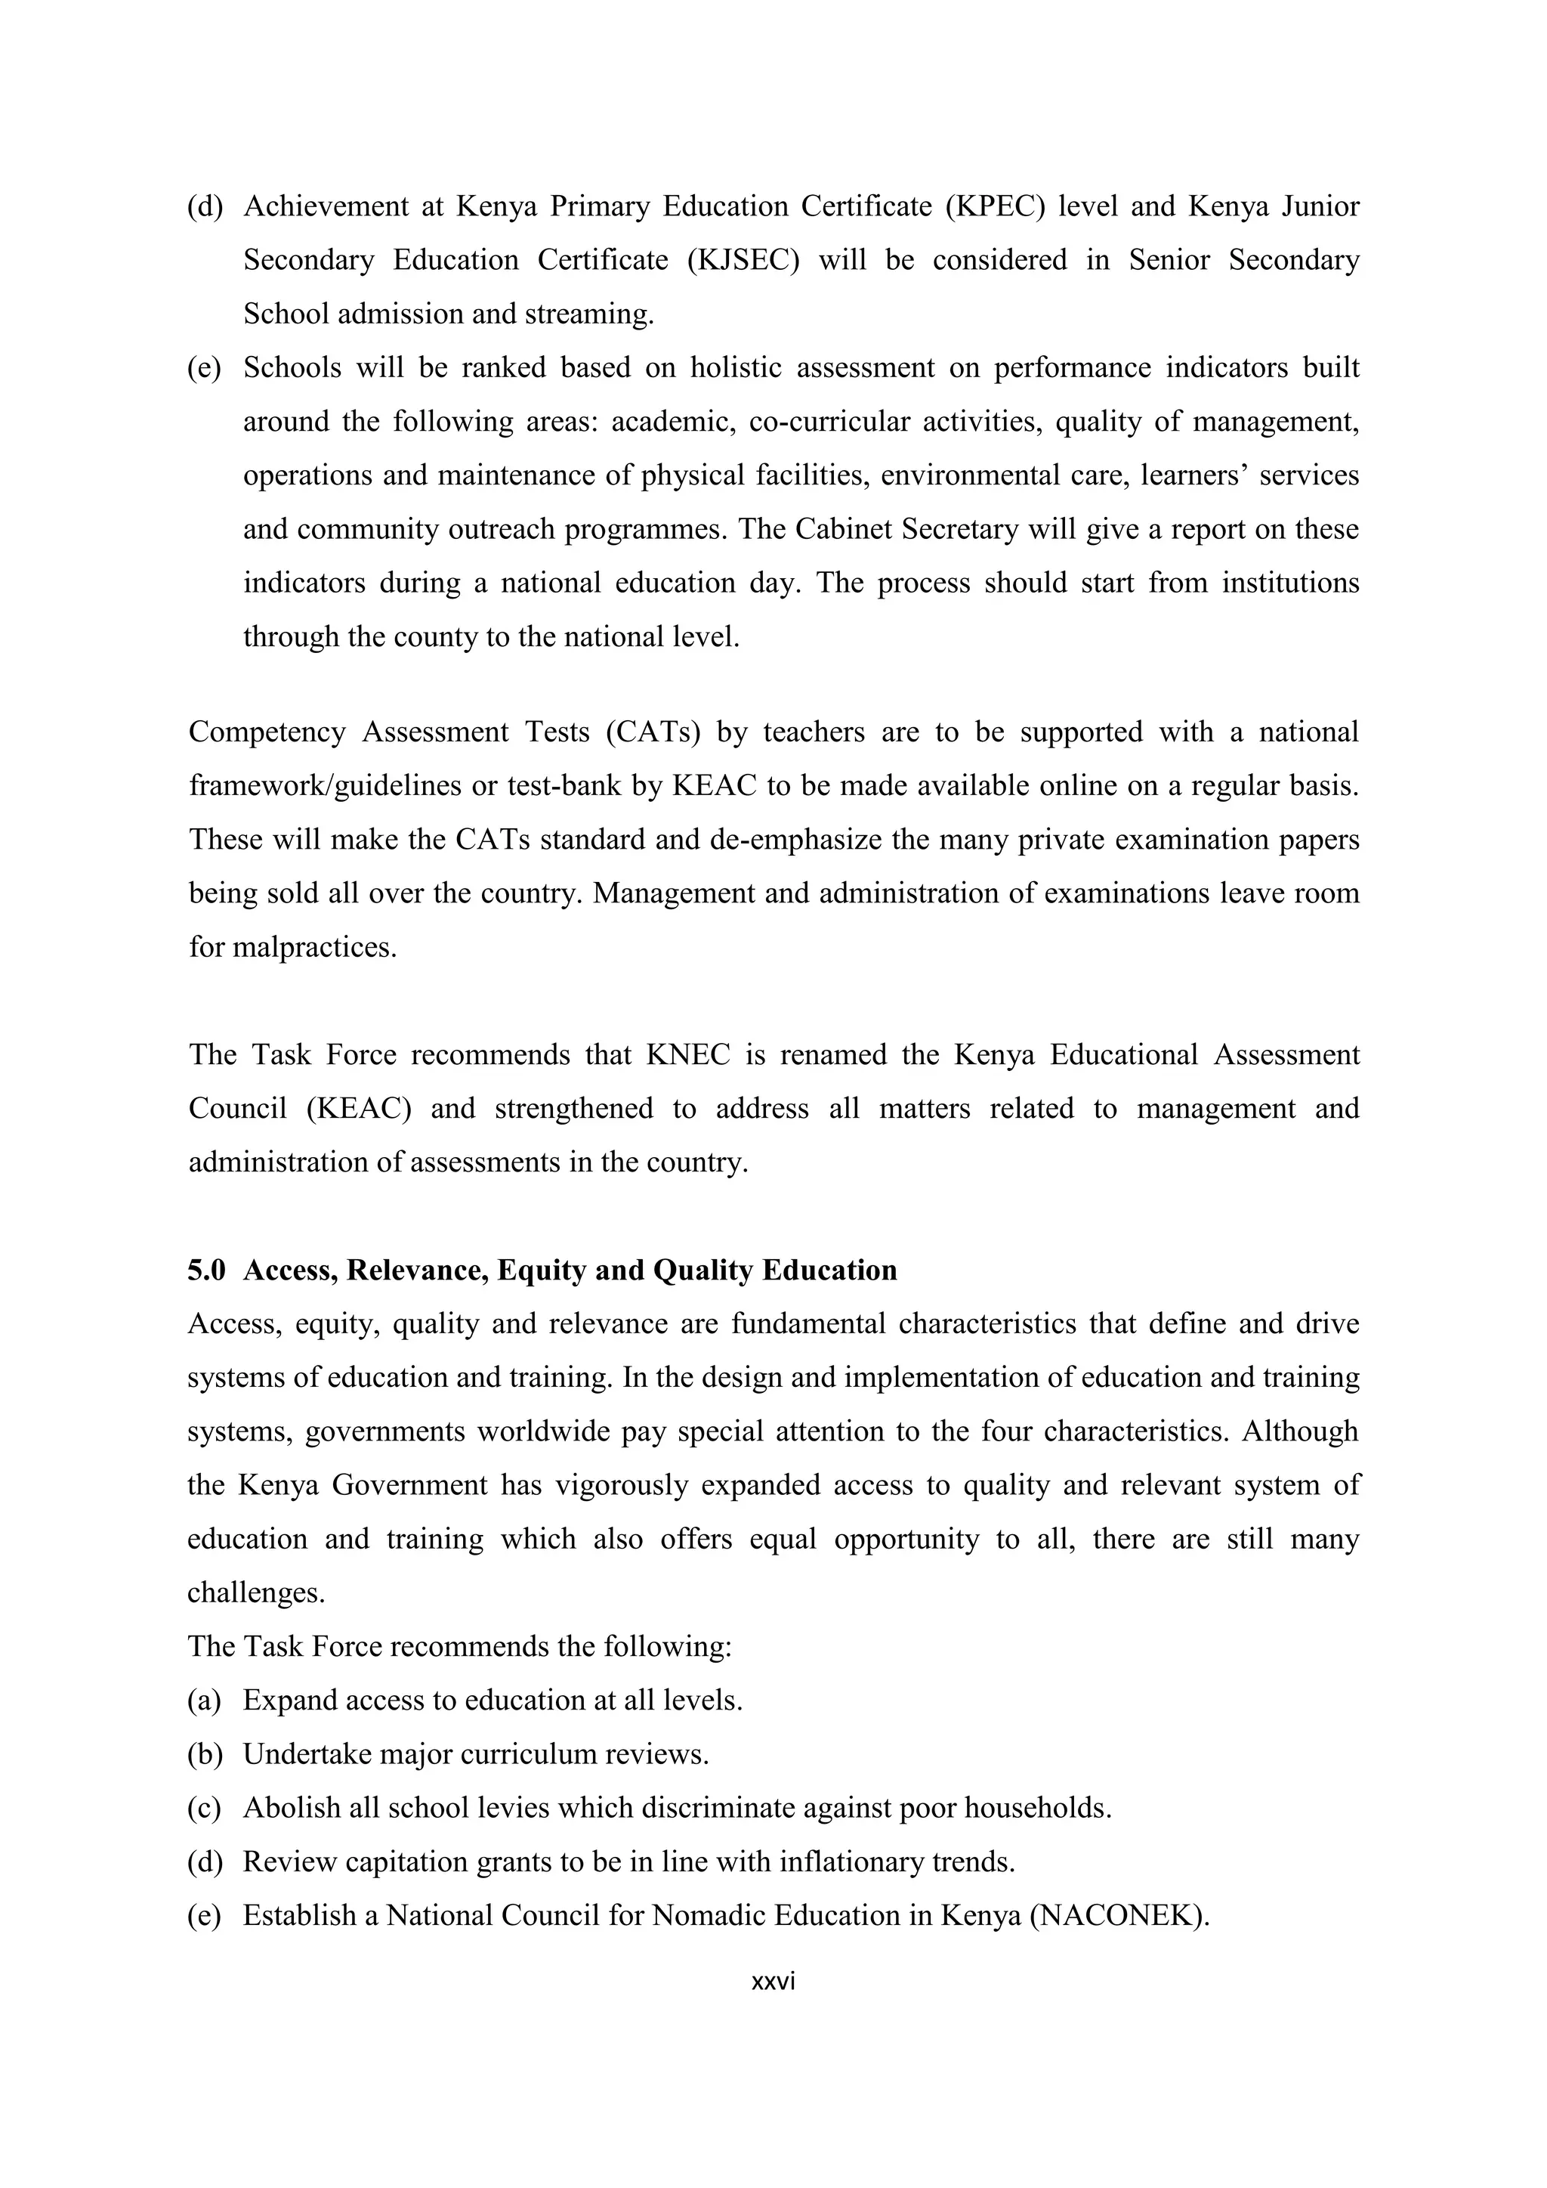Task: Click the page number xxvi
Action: pyautogui.click(x=773, y=1983)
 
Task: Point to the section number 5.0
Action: pyautogui.click(x=205, y=1270)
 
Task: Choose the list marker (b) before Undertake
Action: pyautogui.click(x=204, y=1754)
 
